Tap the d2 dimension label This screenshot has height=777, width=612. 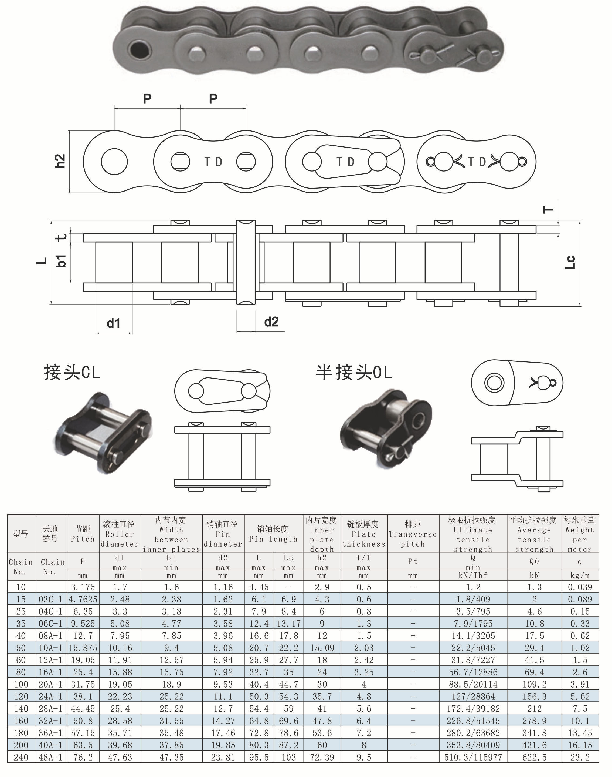click(x=271, y=322)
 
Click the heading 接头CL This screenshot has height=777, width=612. click(x=72, y=372)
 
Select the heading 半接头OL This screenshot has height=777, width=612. click(x=354, y=372)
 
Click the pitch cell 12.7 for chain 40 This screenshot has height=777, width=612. click(x=83, y=636)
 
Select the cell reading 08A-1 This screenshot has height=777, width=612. click(x=50, y=636)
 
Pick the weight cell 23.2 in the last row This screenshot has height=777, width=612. click(x=580, y=757)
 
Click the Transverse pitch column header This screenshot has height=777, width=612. click(x=413, y=534)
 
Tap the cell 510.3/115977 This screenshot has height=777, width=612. click(x=473, y=757)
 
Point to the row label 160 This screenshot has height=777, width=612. click(x=21, y=721)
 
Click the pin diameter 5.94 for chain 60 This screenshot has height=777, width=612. click(x=223, y=660)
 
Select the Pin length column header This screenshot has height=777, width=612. click(x=273, y=534)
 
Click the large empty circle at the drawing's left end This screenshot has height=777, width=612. click(x=114, y=162)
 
